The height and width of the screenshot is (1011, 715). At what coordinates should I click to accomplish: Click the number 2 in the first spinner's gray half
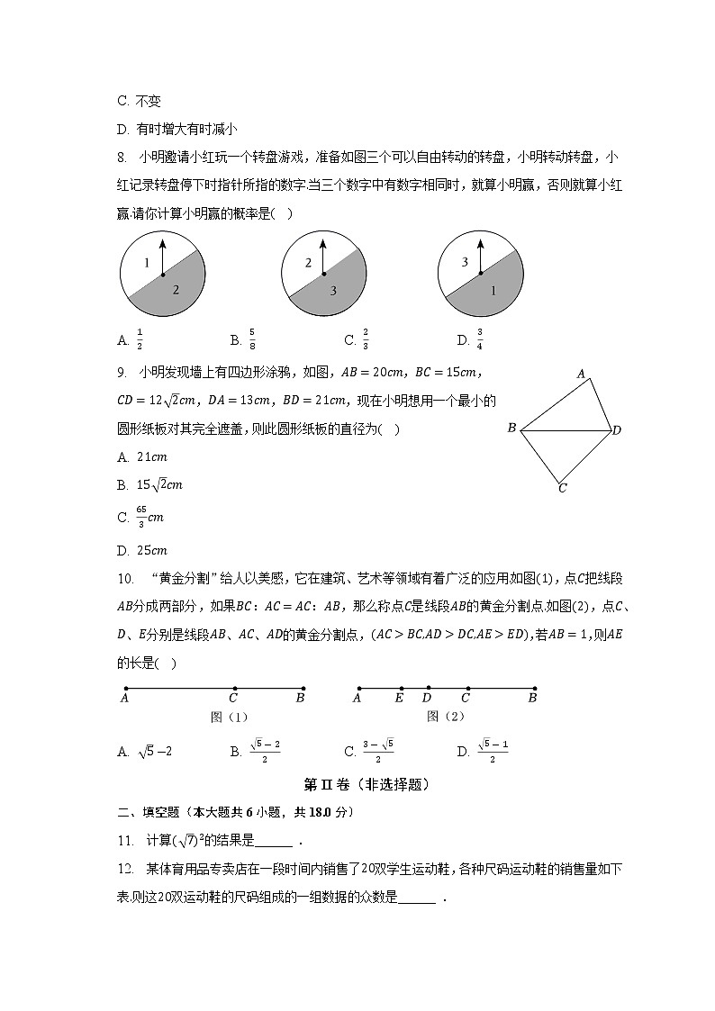click(x=176, y=290)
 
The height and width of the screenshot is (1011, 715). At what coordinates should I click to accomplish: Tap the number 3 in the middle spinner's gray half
click(x=332, y=291)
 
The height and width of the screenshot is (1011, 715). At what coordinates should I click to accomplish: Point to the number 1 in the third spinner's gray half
click(x=493, y=291)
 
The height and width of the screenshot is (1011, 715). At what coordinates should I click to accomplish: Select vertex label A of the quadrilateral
click(x=581, y=374)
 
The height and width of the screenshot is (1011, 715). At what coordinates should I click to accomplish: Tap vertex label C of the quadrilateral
click(x=562, y=489)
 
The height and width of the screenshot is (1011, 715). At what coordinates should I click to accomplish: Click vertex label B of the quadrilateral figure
click(x=511, y=429)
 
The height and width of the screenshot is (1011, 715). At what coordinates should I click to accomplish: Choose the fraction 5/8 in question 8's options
click(x=251, y=339)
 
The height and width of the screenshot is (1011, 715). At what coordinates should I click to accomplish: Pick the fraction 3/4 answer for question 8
click(x=478, y=339)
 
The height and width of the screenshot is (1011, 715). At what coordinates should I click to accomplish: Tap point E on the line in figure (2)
click(x=399, y=697)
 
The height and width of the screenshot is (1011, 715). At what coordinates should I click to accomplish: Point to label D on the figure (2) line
click(x=427, y=697)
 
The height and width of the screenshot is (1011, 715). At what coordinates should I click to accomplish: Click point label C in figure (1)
click(x=233, y=697)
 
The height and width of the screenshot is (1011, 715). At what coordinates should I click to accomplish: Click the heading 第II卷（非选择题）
click(x=356, y=784)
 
